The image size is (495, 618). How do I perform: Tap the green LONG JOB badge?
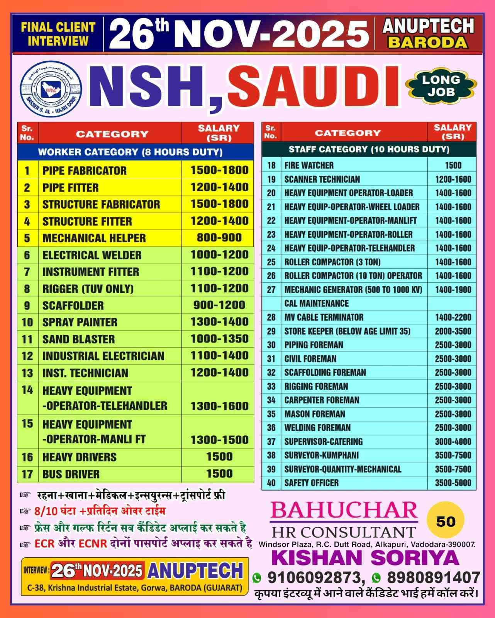(x=441, y=86)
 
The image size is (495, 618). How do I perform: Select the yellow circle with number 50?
(x=446, y=521)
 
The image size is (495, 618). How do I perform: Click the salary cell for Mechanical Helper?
(x=219, y=238)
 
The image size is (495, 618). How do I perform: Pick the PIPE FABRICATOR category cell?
(x=85, y=170)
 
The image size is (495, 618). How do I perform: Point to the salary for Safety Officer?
(x=453, y=483)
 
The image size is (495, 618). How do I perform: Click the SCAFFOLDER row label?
(x=73, y=306)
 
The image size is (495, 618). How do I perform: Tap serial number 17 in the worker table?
(x=27, y=474)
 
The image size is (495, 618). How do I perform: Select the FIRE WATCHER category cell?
(x=309, y=165)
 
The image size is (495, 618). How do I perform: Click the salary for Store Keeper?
(x=453, y=331)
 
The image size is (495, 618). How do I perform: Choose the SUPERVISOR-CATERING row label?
(x=323, y=441)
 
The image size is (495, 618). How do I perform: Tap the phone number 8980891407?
(x=432, y=577)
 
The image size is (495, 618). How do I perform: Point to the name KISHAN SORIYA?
(x=365, y=558)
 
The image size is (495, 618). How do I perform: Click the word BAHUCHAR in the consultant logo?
(x=344, y=510)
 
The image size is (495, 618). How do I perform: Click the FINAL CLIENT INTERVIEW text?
(x=58, y=34)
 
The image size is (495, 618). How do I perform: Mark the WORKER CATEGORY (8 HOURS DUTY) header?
(x=130, y=152)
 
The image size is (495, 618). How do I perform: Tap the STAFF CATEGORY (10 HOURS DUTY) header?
(x=369, y=149)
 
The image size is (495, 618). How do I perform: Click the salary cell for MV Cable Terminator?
(x=453, y=317)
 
